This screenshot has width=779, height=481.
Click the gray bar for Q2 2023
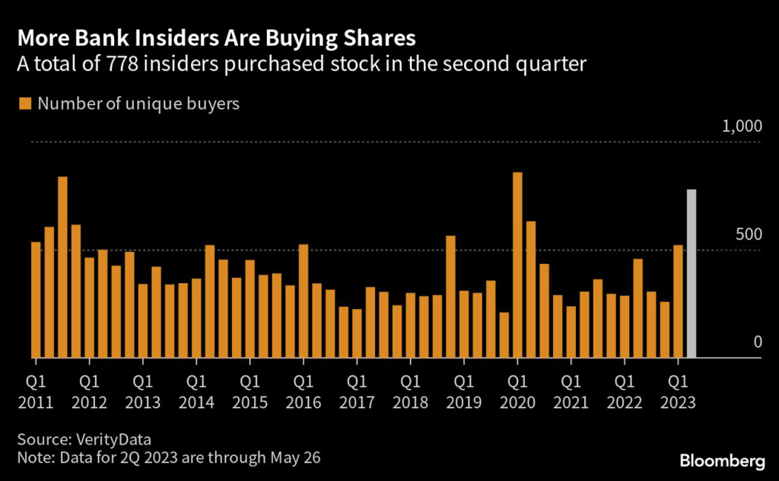pyautogui.click(x=692, y=273)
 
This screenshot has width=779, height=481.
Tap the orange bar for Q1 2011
pyautogui.click(x=36, y=300)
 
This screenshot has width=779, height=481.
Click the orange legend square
pyautogui.click(x=26, y=104)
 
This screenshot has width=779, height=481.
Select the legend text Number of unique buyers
pyautogui.click(x=138, y=104)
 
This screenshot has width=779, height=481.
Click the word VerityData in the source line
pyautogui.click(x=110, y=439)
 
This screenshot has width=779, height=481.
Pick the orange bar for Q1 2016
pyautogui.click(x=304, y=301)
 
